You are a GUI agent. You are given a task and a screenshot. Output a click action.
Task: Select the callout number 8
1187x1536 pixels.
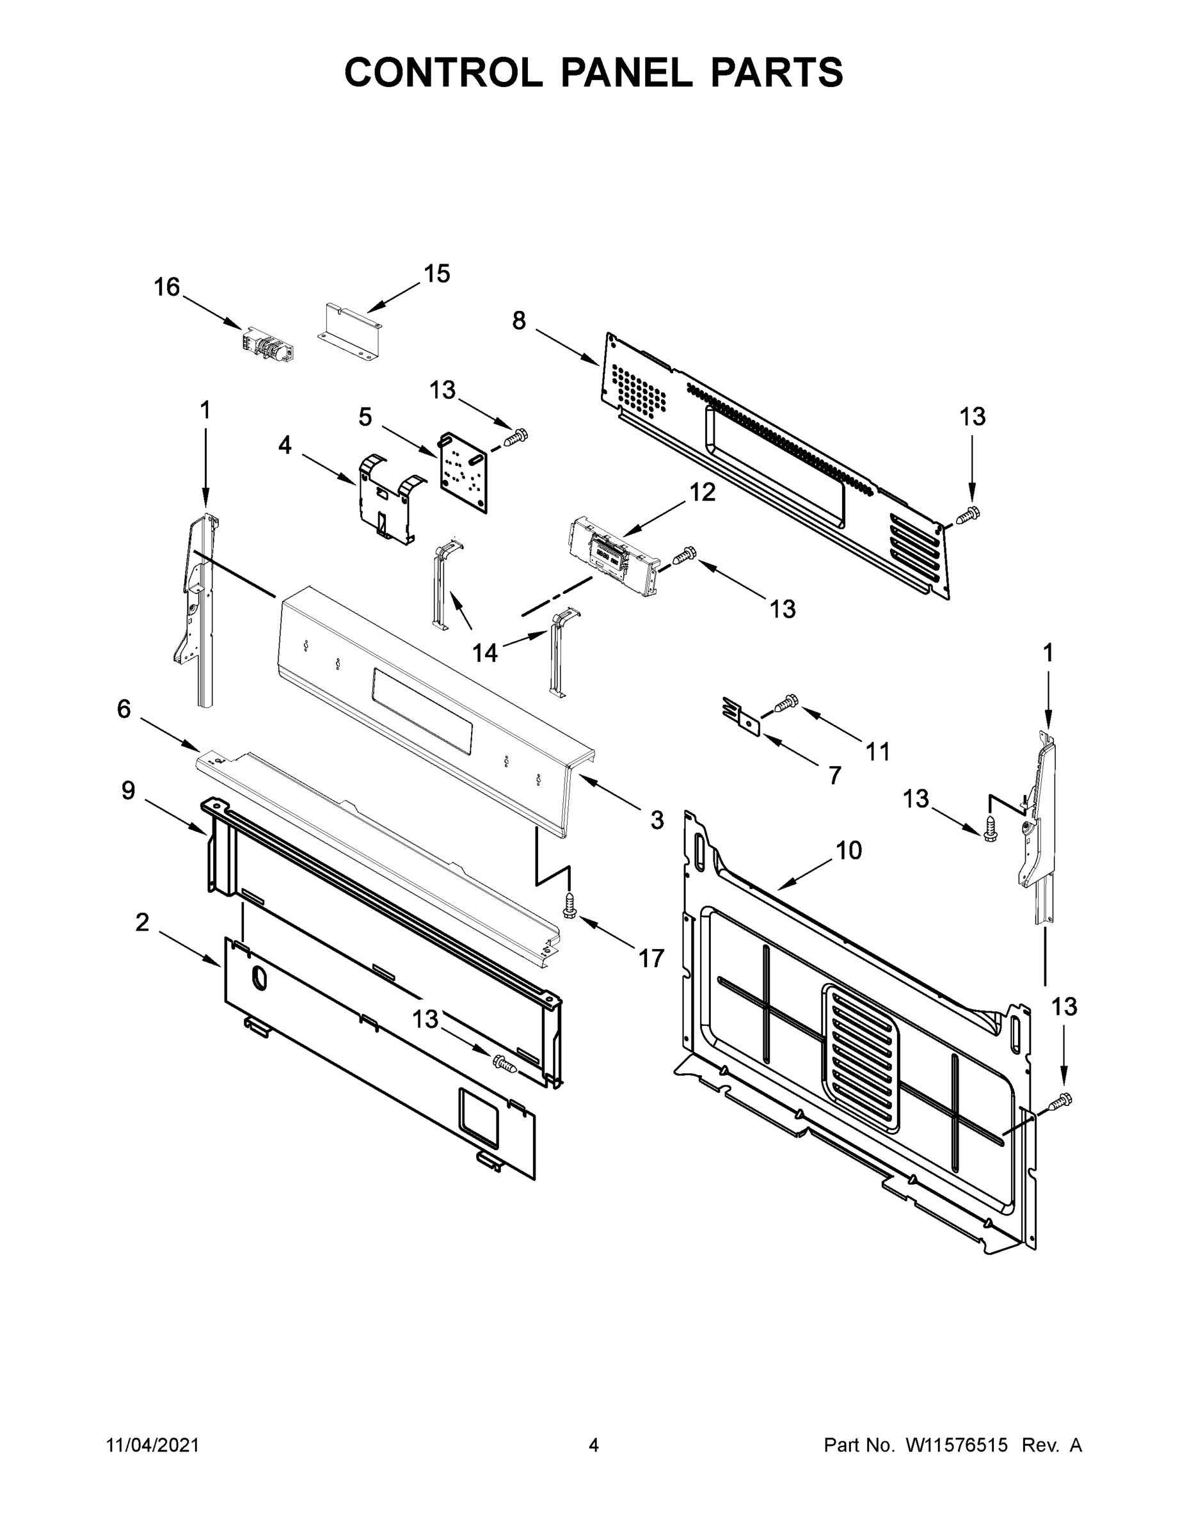point(518,321)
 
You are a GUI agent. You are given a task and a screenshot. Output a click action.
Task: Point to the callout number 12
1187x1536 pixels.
point(702,492)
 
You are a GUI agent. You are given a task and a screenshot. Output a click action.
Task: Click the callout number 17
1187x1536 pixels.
point(651,958)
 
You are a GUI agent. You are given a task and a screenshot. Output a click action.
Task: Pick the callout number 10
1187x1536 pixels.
point(848,851)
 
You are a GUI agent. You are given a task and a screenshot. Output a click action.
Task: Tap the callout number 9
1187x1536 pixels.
point(128,790)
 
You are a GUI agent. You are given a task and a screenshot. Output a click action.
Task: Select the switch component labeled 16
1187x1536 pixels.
point(268,346)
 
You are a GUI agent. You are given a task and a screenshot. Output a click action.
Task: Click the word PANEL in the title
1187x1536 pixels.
point(625,72)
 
